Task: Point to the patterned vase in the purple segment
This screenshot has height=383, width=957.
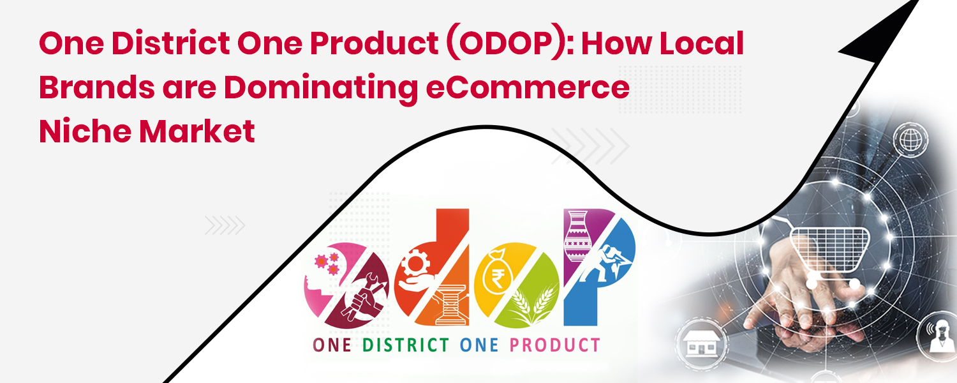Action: tap(577, 239)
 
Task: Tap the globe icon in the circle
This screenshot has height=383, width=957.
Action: tap(905, 137)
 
